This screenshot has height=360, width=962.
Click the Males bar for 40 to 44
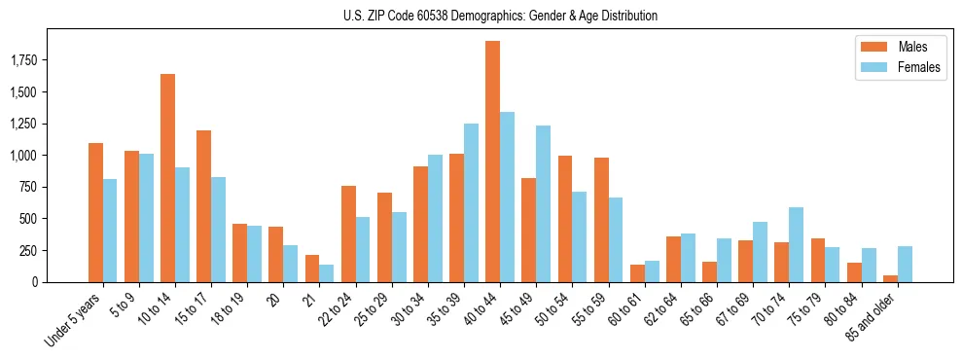point(492,162)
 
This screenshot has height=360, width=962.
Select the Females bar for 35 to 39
point(471,202)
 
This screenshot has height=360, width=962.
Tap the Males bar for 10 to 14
point(167,178)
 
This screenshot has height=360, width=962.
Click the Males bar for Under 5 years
point(95,212)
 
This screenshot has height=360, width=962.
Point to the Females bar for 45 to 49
point(543,203)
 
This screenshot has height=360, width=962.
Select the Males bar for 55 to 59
point(601,220)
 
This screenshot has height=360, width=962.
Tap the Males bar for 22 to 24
point(348,234)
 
